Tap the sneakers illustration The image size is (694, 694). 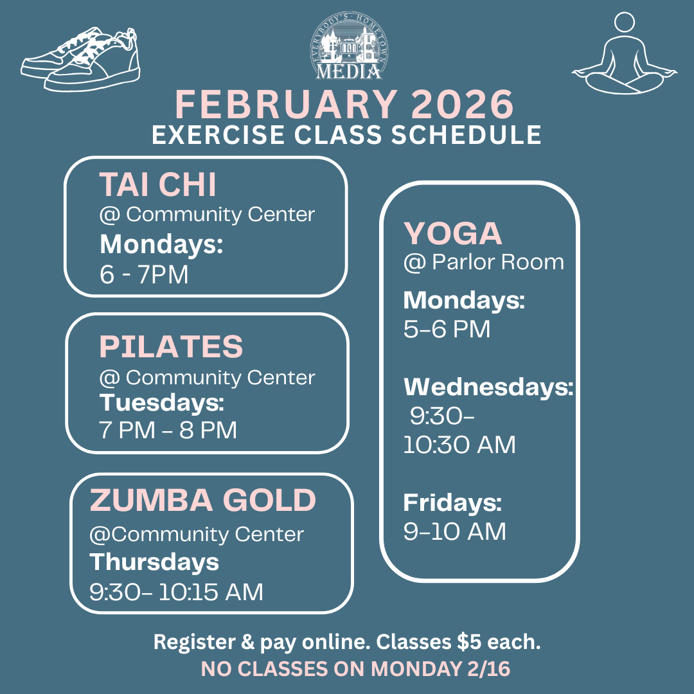pos(80,59)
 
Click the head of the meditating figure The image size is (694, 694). pos(625,23)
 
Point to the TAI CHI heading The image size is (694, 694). pos(157,185)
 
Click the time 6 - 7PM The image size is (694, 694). pos(144,275)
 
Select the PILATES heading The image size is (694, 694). pos(171,346)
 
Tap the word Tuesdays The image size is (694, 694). pos(161,404)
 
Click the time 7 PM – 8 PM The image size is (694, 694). pos(168,429)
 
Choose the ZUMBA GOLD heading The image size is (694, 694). pos(202,501)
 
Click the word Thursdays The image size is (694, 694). pos(154,562)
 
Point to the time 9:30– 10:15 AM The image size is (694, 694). pos(176,591)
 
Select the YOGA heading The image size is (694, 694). pos(452,233)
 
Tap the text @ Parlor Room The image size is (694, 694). pos(483,262)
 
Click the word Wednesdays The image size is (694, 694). pos(488,387)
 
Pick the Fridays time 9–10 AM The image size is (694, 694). pos(454,531)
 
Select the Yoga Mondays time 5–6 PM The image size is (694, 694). pos(447,329)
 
